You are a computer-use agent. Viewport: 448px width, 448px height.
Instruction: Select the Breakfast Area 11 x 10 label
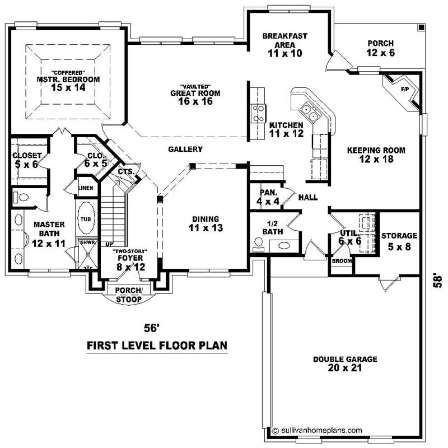click(284, 45)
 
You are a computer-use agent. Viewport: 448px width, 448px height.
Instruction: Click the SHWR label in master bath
click(87, 243)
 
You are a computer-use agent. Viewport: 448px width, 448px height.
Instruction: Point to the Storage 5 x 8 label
click(399, 241)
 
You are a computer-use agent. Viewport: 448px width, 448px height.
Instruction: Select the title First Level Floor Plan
click(157, 346)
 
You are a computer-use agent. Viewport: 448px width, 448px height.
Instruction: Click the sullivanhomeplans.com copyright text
click(317, 431)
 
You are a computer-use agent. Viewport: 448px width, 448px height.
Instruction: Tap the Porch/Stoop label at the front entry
click(129, 295)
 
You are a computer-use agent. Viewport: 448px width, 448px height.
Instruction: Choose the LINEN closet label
click(86, 188)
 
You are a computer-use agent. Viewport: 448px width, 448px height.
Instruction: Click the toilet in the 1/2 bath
click(259, 242)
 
